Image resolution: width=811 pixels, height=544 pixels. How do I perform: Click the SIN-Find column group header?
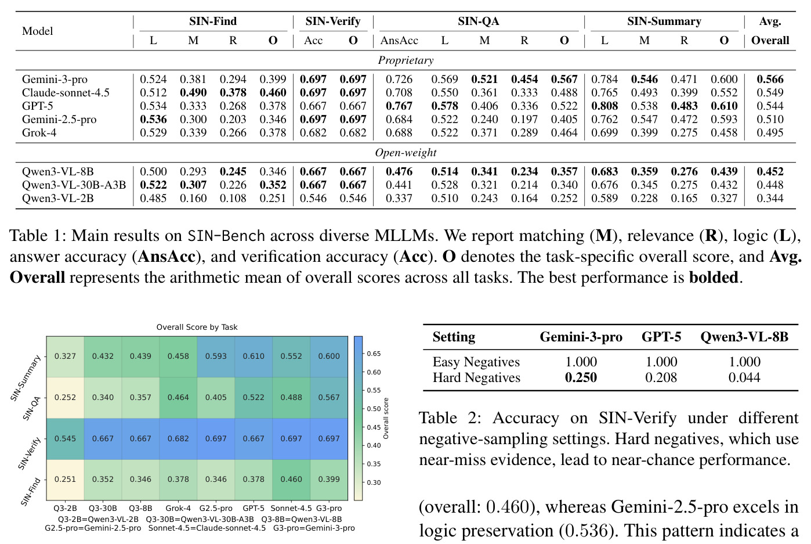(213, 21)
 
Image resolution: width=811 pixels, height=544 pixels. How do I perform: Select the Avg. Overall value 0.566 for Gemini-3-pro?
(770, 79)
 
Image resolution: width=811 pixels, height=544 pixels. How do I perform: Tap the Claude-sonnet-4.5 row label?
(66, 92)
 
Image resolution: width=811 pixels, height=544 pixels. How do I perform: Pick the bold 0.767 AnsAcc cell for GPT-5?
(399, 106)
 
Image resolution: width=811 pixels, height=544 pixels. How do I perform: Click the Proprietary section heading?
(405, 60)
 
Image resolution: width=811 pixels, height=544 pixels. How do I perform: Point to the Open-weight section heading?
(405, 153)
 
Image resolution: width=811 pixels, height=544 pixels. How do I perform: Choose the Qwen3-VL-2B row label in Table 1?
(58, 198)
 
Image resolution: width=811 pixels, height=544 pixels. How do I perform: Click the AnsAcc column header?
(399, 40)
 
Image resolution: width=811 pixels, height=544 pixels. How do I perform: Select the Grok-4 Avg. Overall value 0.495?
(770, 132)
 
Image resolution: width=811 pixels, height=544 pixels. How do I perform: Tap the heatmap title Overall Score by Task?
(197, 327)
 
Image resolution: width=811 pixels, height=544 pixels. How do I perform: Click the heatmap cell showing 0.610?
(254, 356)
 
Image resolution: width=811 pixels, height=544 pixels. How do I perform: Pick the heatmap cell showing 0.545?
(65, 438)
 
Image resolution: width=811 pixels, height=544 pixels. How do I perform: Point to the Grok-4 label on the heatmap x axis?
(178, 508)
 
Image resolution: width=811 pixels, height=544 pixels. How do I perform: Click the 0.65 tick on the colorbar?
(374, 354)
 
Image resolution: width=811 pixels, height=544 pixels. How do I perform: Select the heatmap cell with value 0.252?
(65, 398)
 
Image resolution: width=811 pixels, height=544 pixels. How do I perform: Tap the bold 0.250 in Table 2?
(581, 377)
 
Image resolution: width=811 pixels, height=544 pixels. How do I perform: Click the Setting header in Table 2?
(454, 337)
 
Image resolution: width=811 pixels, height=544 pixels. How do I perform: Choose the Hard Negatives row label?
(476, 377)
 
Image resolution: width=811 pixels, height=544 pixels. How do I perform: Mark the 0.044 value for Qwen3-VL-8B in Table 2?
(744, 377)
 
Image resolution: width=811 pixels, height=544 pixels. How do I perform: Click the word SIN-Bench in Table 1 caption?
(226, 236)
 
